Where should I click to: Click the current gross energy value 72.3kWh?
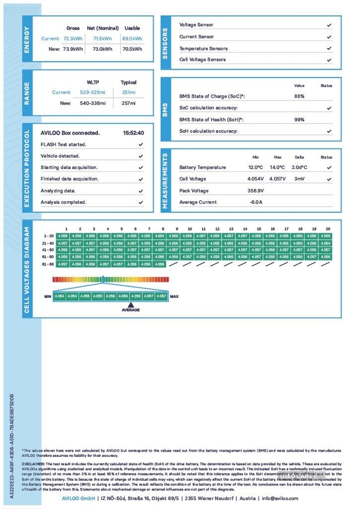click(73, 38)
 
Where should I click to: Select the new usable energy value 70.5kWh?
click(132, 49)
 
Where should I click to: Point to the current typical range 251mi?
click(128, 92)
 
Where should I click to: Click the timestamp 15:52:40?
click(133, 133)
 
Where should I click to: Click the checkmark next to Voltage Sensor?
click(329, 25)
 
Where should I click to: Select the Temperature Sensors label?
click(203, 49)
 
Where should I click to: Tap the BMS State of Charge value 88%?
click(299, 96)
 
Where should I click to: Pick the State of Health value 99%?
click(299, 119)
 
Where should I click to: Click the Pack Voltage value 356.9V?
click(256, 191)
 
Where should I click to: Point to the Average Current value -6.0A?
click(256, 202)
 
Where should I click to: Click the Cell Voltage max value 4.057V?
click(277, 179)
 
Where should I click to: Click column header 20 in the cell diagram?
click(328, 229)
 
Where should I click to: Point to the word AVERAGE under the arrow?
click(131, 309)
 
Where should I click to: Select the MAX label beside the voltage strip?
click(175, 296)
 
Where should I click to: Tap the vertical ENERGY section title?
click(26, 40)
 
